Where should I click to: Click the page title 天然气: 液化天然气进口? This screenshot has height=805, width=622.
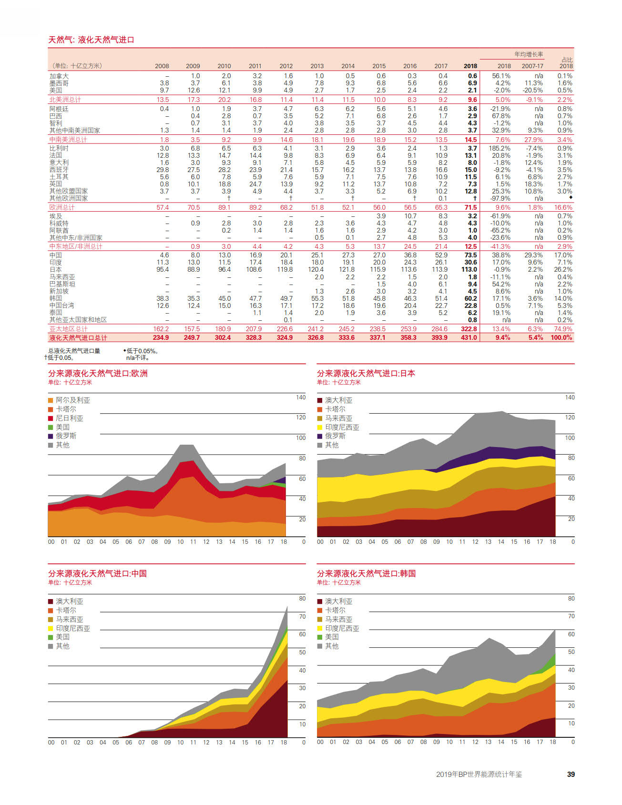[91, 40]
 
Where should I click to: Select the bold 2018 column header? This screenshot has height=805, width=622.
[470, 66]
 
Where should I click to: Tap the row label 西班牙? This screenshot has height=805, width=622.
[59, 170]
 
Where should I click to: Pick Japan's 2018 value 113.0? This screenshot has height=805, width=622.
[469, 270]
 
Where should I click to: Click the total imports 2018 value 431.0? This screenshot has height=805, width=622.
[469, 337]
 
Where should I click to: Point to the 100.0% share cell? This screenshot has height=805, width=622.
[561, 337]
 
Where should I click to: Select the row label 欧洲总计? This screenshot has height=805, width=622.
[62, 207]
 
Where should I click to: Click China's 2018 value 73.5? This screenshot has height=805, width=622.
[471, 255]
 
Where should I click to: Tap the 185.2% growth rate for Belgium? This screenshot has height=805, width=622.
[500, 148]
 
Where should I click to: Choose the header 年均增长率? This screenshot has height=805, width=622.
[529, 54]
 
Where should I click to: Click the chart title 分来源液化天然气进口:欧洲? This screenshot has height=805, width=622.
[98, 373]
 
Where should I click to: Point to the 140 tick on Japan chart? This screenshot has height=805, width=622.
[570, 397]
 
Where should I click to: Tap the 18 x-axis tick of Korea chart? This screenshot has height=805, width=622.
[553, 742]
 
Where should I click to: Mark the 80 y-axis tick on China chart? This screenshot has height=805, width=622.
[302, 598]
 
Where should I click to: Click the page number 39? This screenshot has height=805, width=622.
[571, 774]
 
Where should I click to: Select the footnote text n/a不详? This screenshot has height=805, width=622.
[138, 358]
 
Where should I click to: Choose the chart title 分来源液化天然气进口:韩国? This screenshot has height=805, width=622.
[367, 573]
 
